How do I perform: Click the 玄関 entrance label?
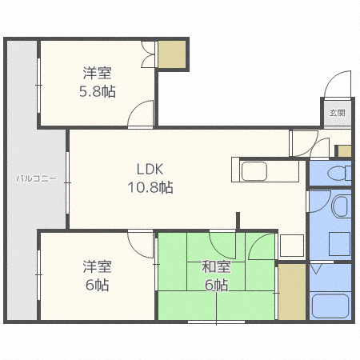coord(337,113)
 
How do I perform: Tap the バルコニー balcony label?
coord(36,178)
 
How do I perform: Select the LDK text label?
coord(150,170)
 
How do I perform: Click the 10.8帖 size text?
coord(150,187)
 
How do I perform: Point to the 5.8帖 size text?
coord(98,91)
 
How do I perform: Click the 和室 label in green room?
coord(216,267)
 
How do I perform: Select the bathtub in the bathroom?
coord(330,306)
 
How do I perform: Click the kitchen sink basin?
coord(254,171)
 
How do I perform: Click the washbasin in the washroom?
coord(341,206)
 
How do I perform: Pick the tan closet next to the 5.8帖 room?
coord(172,54)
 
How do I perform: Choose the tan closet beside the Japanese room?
coord(292,292)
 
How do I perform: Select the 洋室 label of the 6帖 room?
coord(97,266)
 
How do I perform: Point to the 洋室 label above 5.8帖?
coord(97,73)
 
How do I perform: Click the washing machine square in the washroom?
coord(340,243)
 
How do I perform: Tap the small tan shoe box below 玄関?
coord(345,151)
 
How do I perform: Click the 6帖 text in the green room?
coord(216,285)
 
